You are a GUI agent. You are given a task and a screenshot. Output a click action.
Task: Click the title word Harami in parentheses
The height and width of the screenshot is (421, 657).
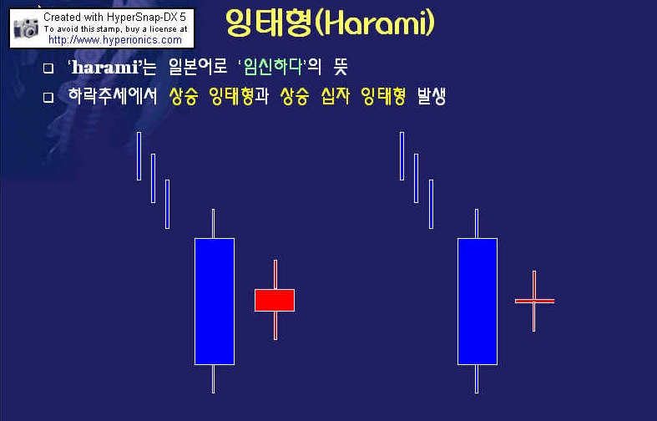click(375, 23)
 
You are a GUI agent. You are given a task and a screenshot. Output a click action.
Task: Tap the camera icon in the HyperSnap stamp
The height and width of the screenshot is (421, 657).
click(26, 28)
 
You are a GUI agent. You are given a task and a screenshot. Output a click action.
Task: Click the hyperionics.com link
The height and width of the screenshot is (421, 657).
click(115, 40)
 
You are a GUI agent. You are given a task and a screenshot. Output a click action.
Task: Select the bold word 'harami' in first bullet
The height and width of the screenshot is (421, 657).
click(104, 67)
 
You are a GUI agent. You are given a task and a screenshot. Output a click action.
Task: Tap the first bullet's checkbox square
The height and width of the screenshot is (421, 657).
click(48, 68)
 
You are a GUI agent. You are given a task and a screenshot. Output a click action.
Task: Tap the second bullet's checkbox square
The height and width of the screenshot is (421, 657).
click(48, 98)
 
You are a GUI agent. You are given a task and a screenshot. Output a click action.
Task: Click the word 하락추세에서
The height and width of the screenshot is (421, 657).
click(113, 96)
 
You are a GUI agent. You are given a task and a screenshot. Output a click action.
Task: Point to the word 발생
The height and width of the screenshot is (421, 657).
click(431, 96)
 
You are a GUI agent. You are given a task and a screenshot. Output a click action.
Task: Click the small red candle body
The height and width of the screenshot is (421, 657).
click(275, 300)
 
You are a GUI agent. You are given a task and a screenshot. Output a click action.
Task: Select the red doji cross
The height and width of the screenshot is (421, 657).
click(534, 301)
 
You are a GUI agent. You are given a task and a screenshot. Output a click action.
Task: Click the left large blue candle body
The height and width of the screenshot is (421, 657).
click(215, 302)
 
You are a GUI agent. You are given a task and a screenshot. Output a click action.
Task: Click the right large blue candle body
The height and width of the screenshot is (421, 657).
click(478, 302)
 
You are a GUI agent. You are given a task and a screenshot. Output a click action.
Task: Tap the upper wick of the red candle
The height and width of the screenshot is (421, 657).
click(275, 275)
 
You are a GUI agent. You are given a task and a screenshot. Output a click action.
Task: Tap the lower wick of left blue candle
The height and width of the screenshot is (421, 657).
click(213, 379)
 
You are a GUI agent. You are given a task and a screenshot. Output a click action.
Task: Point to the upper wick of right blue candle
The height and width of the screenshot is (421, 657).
click(477, 224)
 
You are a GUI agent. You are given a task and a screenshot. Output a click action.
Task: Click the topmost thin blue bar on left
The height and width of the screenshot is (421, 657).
click(139, 156)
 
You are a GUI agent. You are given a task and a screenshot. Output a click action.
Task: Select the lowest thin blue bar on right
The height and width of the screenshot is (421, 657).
click(431, 204)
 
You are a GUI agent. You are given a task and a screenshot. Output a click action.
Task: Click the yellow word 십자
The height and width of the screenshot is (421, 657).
click(336, 96)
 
